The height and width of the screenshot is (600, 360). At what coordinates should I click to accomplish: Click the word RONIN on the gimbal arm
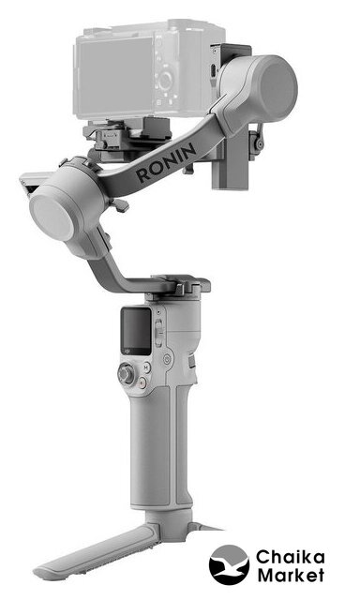[167, 162]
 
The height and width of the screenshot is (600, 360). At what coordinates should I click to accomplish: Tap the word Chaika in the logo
[291, 557]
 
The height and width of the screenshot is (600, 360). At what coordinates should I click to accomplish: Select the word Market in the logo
[292, 575]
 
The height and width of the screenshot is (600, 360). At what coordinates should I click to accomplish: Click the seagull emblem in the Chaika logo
[229, 564]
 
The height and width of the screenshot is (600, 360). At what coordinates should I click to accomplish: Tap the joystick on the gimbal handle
[126, 373]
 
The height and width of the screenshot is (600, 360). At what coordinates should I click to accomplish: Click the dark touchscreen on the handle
[137, 331]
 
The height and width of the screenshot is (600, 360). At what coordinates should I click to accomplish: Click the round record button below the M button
[142, 382]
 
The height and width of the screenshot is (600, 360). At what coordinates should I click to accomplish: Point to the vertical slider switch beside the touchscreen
[158, 332]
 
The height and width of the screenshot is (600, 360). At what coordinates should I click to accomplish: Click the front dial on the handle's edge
[191, 361]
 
